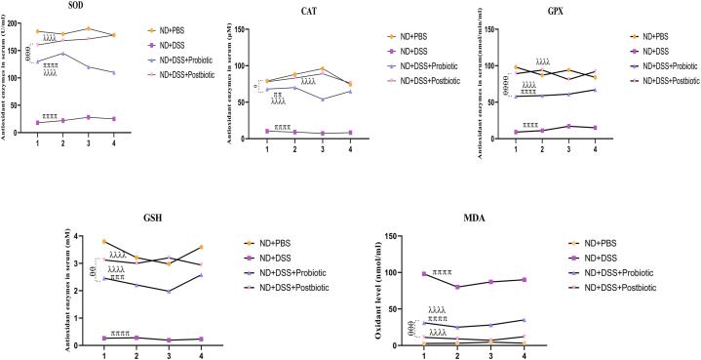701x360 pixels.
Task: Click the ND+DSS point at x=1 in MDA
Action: (x=424, y=273)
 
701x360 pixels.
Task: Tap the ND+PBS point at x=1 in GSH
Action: (x=104, y=241)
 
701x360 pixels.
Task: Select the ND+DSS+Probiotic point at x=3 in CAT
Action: (x=323, y=99)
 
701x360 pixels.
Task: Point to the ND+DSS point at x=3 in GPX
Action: (x=568, y=126)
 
